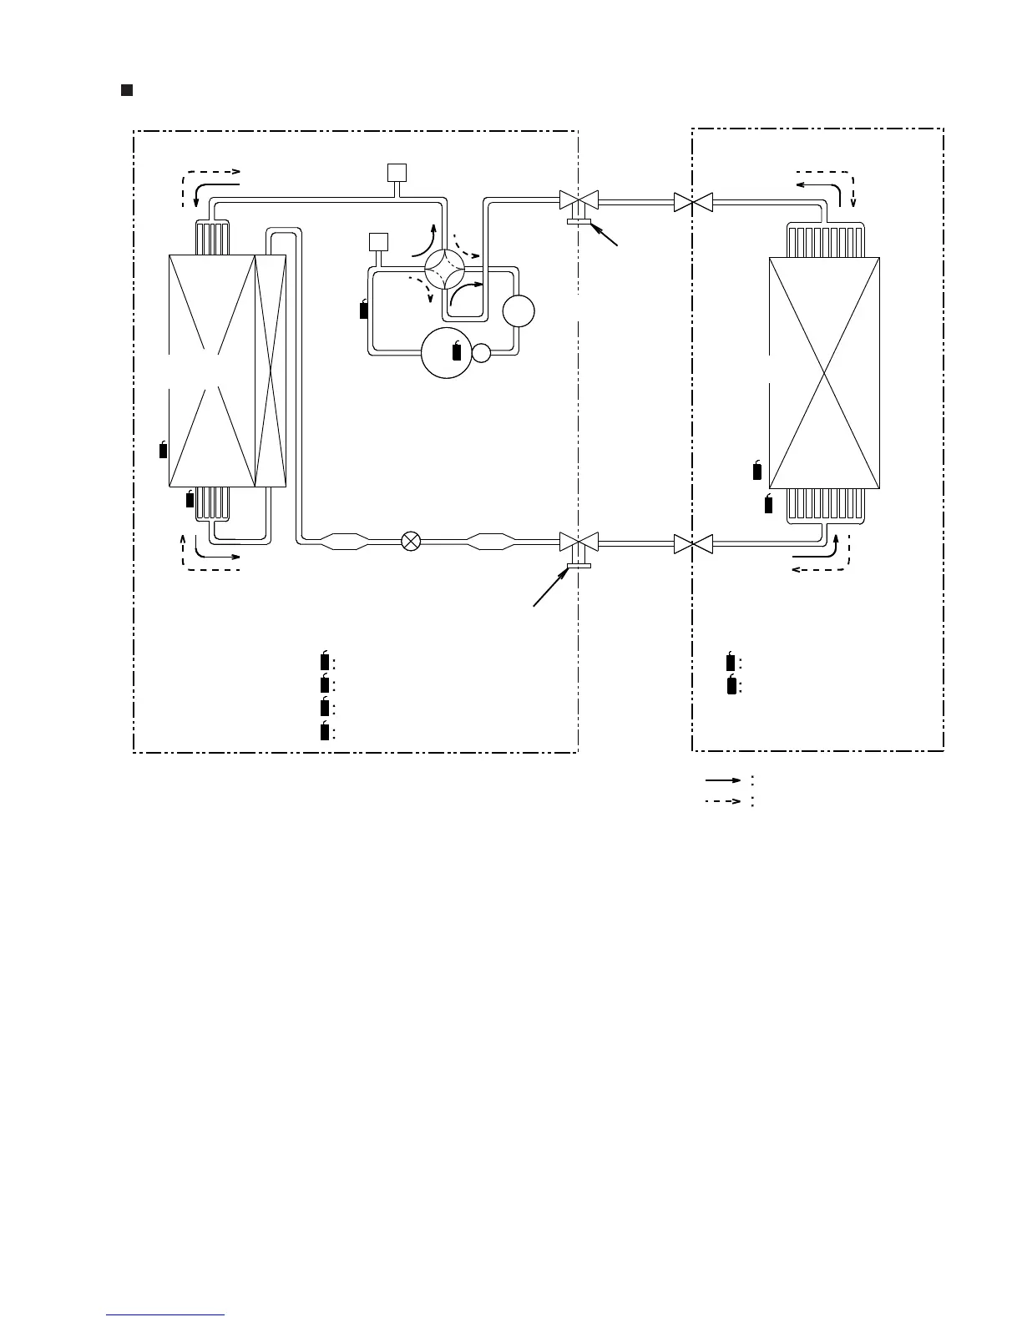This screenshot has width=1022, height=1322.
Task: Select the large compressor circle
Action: coord(447,353)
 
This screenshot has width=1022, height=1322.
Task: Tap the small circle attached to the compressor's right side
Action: coord(481,353)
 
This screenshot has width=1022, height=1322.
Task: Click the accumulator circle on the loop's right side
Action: coord(519,311)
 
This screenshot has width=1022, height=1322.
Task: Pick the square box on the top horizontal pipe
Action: coord(397,173)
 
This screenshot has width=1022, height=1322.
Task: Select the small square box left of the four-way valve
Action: coord(379,242)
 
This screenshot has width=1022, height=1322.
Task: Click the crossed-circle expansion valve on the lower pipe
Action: coord(411,541)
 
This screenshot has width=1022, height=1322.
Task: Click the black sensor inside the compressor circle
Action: coord(456,351)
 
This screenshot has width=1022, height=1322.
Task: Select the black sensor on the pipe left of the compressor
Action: coord(363,310)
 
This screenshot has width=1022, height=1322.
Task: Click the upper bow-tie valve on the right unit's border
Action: coord(693,201)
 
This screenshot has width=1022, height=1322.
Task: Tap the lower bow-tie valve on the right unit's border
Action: coord(693,544)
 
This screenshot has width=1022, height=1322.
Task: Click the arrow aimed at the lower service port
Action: coord(550,589)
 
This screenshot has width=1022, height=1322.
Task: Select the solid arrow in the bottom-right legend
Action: coord(723,780)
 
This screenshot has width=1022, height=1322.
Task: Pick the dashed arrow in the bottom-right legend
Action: coord(723,801)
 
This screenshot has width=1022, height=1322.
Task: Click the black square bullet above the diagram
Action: coord(127,90)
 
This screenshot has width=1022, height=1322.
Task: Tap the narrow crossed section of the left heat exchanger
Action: coord(271,371)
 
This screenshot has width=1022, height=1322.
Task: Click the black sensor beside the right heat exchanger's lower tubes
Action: coord(769,503)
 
